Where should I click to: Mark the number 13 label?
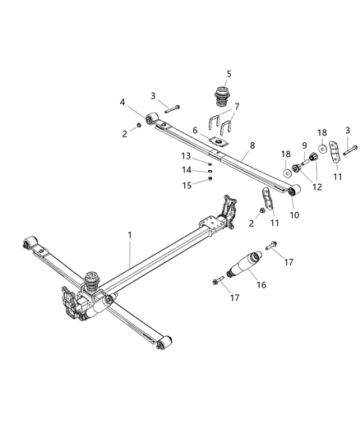pyautogui.click(x=186, y=155)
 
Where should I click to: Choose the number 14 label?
pyautogui.click(x=186, y=169)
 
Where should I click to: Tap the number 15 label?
pyautogui.click(x=186, y=184)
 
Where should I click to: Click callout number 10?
pyautogui.click(x=294, y=214)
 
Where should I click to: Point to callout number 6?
pyautogui.click(x=196, y=130)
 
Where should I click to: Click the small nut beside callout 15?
pyautogui.click(x=210, y=183)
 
